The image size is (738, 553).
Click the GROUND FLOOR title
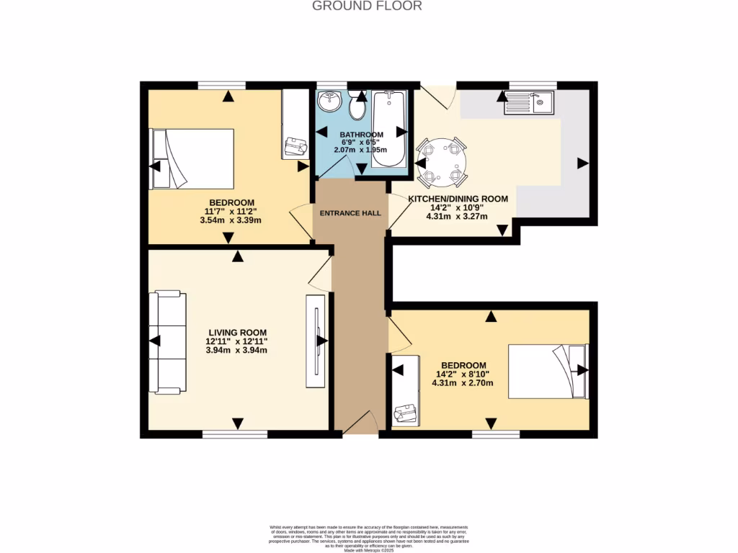click(x=367, y=6)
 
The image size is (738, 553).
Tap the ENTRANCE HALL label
click(x=351, y=213)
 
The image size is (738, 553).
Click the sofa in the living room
click(x=166, y=343)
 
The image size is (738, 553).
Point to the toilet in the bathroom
click(x=357, y=109)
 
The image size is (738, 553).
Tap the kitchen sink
click(x=528, y=104)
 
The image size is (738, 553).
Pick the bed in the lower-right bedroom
click(x=548, y=371)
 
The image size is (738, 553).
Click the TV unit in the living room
click(x=315, y=342)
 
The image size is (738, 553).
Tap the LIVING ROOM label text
click(x=236, y=332)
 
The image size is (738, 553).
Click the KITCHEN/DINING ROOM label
click(x=458, y=199)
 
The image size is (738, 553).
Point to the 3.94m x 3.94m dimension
click(x=236, y=351)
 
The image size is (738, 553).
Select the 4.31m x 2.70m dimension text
click(x=462, y=383)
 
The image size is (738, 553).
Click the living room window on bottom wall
click(x=235, y=434)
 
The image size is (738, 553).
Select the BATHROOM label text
click(x=361, y=135)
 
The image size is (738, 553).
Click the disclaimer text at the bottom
click(x=368, y=536)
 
